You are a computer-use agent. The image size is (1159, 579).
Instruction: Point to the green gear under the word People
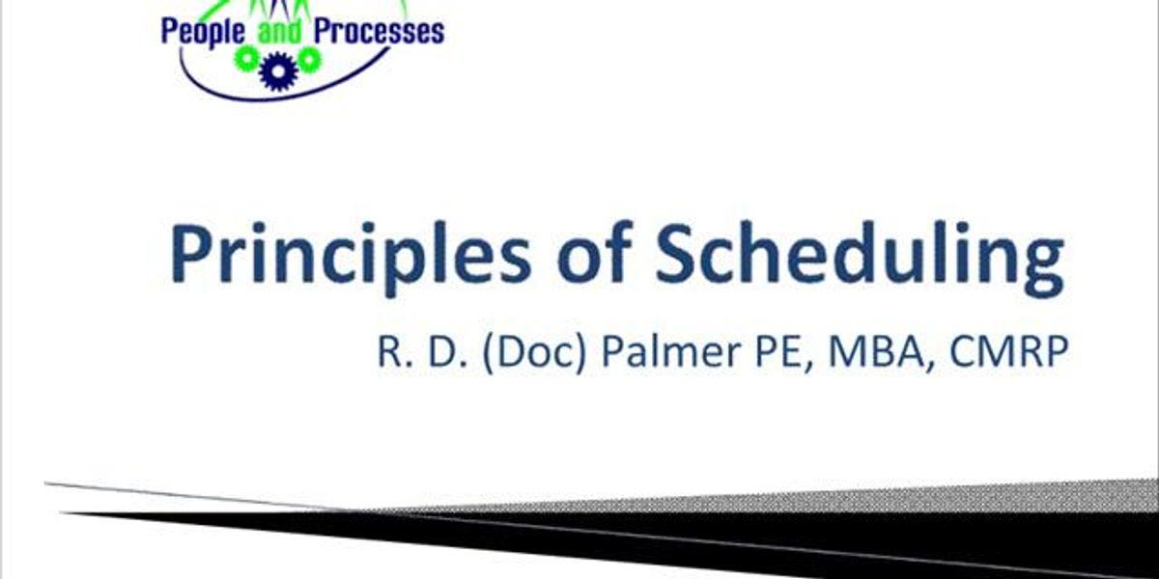[x=247, y=61]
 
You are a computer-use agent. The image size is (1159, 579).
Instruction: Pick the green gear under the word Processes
[x=308, y=60]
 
